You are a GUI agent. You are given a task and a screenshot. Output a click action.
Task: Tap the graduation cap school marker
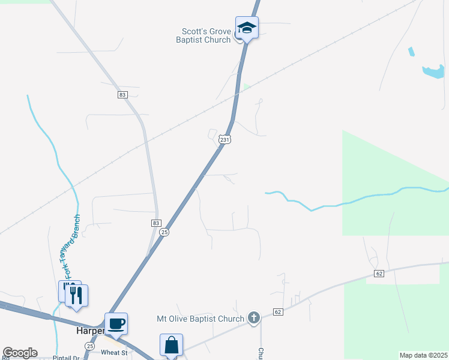click(x=247, y=28)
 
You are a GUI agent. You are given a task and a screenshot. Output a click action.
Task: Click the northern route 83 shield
click(x=122, y=95)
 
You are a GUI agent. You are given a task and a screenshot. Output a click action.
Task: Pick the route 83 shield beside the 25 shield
click(x=155, y=223)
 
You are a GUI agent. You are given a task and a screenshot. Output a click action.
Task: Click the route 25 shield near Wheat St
click(x=90, y=346)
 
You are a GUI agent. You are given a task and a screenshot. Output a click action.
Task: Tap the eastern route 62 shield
click(x=378, y=274)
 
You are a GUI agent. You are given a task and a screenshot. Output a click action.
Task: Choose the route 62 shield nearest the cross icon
click(x=277, y=312)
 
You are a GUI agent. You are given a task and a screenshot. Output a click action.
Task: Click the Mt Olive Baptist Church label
click(x=200, y=319)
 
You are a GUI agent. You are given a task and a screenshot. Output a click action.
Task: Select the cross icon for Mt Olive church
click(x=254, y=318)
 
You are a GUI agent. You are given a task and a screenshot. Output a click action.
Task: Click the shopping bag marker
click(x=171, y=345)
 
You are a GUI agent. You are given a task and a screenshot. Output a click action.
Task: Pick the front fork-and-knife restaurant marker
click(x=77, y=295)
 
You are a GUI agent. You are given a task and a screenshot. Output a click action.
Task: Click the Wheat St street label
click(x=115, y=353)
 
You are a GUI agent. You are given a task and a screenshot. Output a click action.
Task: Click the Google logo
click(x=20, y=353)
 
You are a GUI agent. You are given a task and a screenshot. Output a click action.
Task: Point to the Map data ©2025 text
click(x=423, y=355)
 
